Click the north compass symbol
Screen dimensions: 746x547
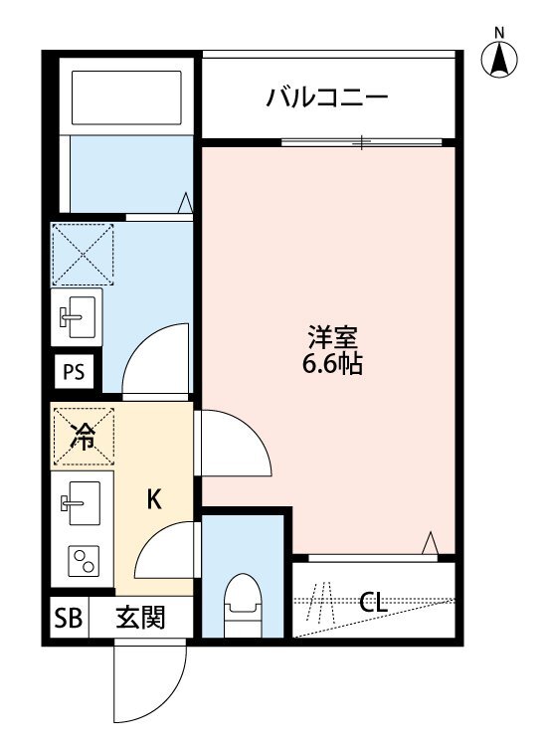pyautogui.click(x=500, y=61)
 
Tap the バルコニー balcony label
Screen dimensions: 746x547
pyautogui.click(x=325, y=97)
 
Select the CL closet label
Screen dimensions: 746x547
pyautogui.click(x=373, y=602)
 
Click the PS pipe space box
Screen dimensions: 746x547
pyautogui.click(x=74, y=374)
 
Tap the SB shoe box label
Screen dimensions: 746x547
pyautogui.click(x=68, y=619)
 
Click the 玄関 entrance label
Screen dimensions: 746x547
pyautogui.click(x=140, y=619)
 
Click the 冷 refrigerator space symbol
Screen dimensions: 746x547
pyautogui.click(x=85, y=436)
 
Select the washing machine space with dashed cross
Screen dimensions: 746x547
pyautogui.click(x=84, y=255)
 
